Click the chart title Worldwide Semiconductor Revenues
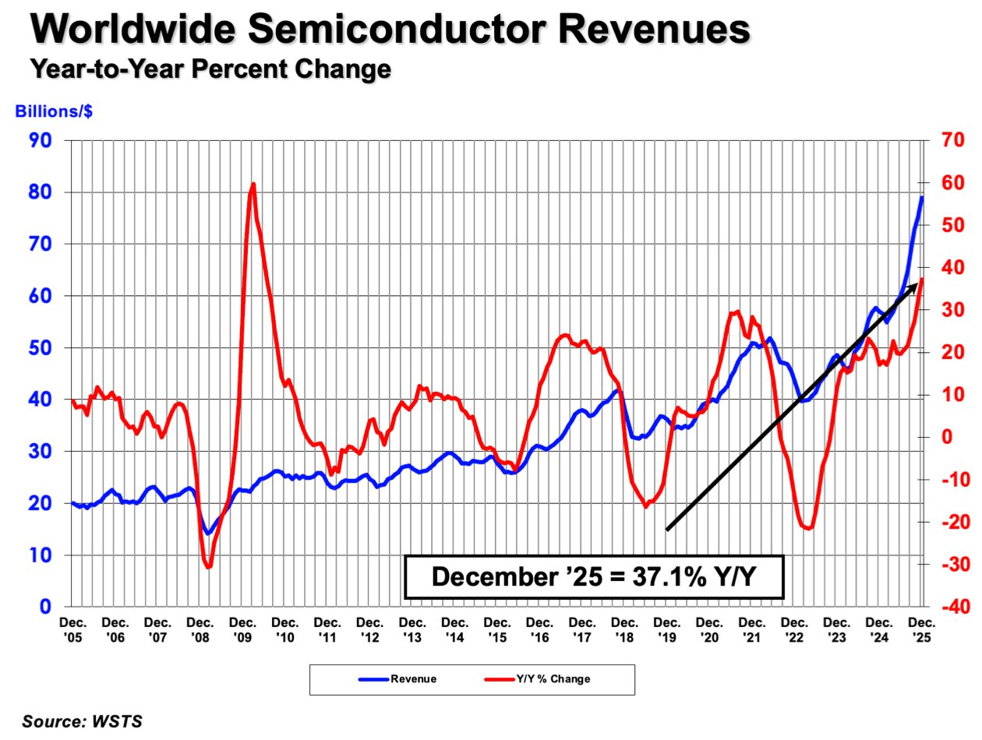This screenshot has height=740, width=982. coord(390,31)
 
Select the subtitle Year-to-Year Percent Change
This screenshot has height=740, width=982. coord(210,70)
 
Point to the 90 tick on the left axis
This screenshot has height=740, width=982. coord(40,140)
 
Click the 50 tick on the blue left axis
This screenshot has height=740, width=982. coord(40,347)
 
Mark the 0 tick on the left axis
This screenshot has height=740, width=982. coord(46,607)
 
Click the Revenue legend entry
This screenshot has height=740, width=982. coord(397,678)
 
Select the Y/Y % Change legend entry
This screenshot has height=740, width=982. coord(537,678)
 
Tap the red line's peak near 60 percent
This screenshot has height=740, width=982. coord(253,185)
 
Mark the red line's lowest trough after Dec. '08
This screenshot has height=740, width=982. coord(208,567)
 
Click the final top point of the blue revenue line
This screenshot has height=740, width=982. coord(922,197)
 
